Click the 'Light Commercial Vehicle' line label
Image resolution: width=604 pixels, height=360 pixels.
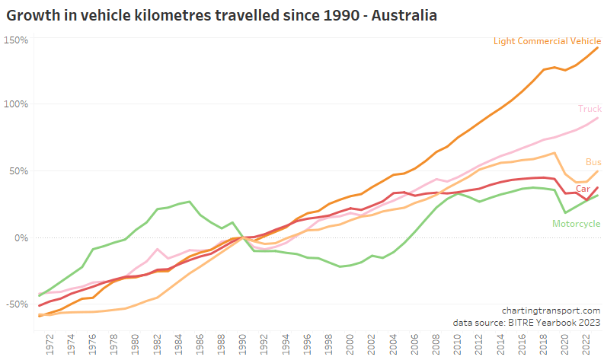pos(547,41)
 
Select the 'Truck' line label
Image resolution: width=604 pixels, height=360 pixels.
pos(590,110)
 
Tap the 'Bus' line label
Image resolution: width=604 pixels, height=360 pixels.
pos(593,162)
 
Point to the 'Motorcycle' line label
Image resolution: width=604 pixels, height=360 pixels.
pos(574,223)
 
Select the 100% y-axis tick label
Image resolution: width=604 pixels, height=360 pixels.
pos(16,104)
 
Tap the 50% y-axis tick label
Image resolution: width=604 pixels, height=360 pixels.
pos(18,170)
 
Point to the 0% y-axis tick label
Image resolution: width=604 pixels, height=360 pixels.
pos(21,237)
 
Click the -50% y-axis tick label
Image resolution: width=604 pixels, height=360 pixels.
pos(16,304)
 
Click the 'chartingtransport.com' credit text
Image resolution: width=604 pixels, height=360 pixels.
pos(551,311)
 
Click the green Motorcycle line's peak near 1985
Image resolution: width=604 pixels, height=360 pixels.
pos(189,202)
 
